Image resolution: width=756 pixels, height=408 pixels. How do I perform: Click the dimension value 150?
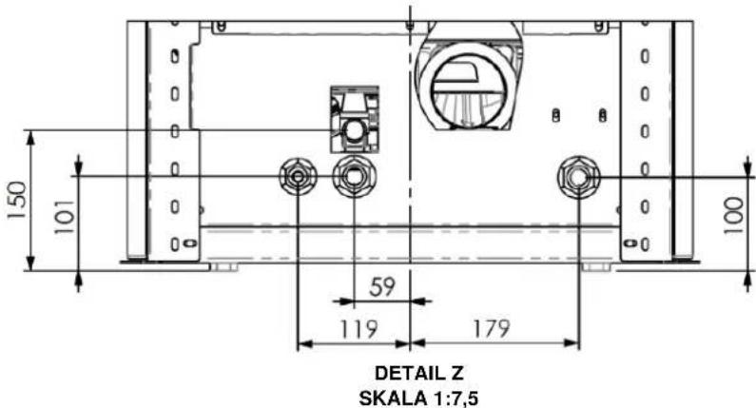click(17, 200)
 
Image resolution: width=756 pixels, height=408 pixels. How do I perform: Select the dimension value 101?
click(65, 217)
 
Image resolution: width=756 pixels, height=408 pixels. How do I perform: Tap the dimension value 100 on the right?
click(734, 215)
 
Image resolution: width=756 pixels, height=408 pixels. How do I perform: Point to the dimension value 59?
click(382, 286)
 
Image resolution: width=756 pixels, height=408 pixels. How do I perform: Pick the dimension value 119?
click(359, 329)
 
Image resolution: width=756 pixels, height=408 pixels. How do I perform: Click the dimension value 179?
click(491, 328)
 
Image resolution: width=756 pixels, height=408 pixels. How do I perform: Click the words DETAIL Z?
click(419, 373)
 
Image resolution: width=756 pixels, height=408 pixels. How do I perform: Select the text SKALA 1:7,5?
click(419, 398)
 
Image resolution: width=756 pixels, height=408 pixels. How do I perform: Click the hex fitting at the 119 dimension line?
click(299, 177)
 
